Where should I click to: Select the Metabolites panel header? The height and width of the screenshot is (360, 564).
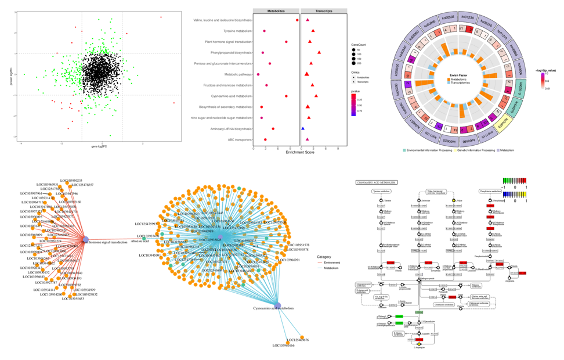[276, 11]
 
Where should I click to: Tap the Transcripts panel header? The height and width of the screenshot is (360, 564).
[324, 11]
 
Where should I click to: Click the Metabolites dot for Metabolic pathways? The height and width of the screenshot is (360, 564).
[258, 74]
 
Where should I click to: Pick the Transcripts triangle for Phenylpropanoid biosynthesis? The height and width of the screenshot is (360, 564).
[319, 52]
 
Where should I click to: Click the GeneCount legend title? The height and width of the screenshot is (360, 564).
[360, 45]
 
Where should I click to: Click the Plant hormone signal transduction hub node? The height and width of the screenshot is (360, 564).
[85, 239]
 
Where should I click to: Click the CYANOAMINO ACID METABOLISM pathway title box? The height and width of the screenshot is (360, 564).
[376, 182]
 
